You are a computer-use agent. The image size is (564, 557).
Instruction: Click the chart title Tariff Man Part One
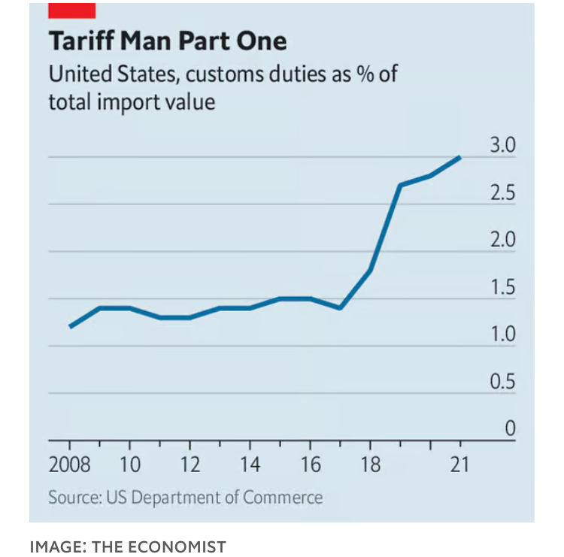[x=168, y=41]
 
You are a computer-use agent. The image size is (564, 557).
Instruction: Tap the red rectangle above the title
[x=71, y=10]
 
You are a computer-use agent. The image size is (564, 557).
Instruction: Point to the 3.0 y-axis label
[x=502, y=146]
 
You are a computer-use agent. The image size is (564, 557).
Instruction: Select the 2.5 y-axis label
[x=502, y=193]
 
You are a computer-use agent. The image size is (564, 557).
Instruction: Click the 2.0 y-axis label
[x=502, y=241]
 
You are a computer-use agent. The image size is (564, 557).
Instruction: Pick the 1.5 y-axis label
[x=502, y=288]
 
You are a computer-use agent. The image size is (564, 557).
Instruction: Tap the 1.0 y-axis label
[x=502, y=335]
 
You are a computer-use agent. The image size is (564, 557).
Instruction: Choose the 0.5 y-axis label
[x=502, y=382]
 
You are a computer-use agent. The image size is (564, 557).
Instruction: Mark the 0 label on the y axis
[x=509, y=429]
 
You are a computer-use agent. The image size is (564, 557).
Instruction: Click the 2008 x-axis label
[x=69, y=465]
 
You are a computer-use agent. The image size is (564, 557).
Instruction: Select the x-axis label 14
[x=250, y=465]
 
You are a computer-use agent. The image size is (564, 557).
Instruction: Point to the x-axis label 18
[x=370, y=465]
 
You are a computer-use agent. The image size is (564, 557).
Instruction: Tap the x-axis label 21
[x=459, y=465]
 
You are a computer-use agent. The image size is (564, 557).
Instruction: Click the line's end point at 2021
[x=459, y=157]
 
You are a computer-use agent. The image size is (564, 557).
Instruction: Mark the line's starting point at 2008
[x=70, y=327]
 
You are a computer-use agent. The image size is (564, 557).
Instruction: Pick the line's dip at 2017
[x=340, y=308]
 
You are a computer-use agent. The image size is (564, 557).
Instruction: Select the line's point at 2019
[x=400, y=185]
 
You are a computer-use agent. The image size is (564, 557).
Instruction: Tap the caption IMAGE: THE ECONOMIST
[x=128, y=546]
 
